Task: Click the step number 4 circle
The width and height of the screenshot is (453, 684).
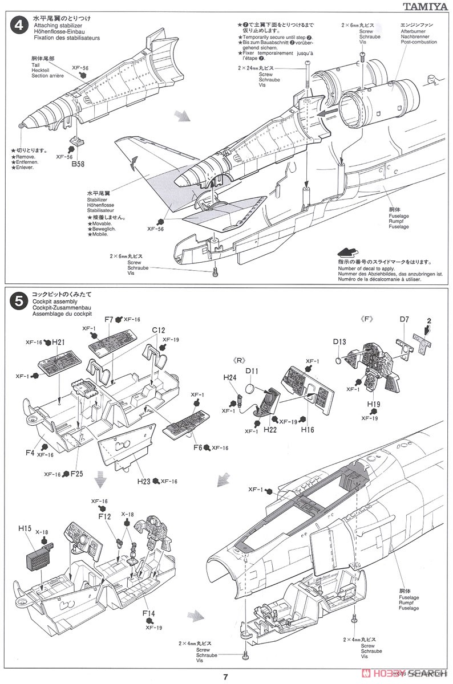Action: pos(19,26)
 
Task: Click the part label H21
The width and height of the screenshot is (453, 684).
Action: pos(59,342)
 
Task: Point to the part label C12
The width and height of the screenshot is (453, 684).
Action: pos(158,330)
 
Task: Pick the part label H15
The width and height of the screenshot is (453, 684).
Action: pos(24,528)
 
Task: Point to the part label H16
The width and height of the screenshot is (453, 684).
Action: pos(308,430)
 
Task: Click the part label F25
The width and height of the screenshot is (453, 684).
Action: pos(76,473)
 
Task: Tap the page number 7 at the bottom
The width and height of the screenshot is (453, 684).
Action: pos(226,677)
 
